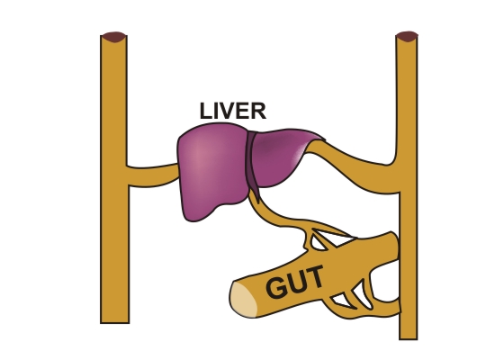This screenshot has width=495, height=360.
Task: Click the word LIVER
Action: click(x=233, y=111)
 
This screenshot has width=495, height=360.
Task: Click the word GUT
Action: click(x=295, y=282)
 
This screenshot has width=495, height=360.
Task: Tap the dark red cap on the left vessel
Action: click(x=114, y=37)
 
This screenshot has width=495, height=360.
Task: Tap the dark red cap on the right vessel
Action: click(x=407, y=36)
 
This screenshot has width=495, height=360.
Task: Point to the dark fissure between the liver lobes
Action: click(x=253, y=164)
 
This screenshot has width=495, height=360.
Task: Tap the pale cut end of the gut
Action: click(x=244, y=300)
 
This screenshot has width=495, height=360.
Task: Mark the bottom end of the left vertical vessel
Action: click(x=115, y=322)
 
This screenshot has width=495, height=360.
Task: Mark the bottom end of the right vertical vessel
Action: click(x=409, y=338)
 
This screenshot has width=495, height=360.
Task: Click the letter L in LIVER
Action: click(x=205, y=112)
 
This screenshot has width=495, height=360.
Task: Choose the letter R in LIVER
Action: click(x=259, y=112)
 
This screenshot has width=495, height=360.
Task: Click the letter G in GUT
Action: click(x=275, y=287)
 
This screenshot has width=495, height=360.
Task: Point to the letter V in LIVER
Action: click(x=228, y=112)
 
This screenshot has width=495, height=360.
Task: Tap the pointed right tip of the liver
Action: click(x=324, y=139)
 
